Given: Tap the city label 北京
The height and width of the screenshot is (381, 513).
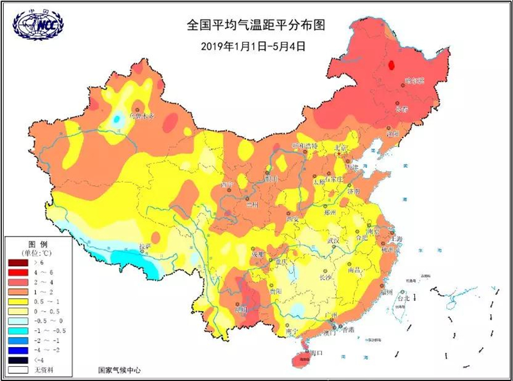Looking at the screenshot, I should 341,148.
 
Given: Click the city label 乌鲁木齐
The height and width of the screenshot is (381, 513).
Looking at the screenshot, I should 142,116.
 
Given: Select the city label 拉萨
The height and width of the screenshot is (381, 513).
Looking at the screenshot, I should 146,246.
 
